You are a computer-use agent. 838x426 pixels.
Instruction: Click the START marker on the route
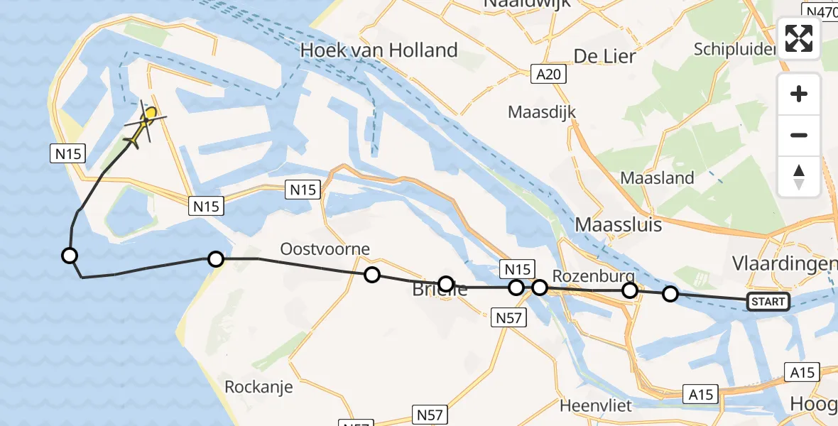coord(768,302)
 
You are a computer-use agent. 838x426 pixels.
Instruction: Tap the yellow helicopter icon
coord(146,121)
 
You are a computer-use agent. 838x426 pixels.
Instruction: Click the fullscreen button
coord(799,38)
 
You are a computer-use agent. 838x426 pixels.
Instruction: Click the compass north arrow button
coord(799,177)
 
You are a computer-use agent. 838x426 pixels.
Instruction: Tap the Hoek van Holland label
coord(379,50)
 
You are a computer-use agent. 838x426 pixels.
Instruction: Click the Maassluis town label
coord(618,225)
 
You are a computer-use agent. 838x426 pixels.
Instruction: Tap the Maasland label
coord(657,178)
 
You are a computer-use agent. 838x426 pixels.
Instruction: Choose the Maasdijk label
coord(542,112)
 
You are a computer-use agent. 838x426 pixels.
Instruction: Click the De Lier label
coord(604,56)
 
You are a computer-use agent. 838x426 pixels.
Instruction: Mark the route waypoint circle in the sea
coord(70,256)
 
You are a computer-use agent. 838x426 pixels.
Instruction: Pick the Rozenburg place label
coord(593,276)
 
